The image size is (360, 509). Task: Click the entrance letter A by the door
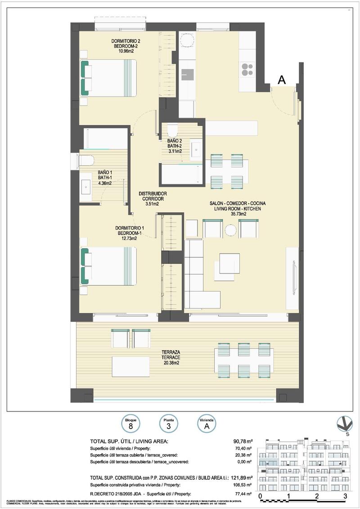click(x=282, y=80)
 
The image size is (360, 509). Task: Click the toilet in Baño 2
click(x=172, y=131)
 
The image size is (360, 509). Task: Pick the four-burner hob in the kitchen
click(x=247, y=68)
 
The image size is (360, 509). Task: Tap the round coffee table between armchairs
click(x=231, y=230)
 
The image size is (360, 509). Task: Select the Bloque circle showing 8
click(x=130, y=423)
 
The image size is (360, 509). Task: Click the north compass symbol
click(x=345, y=424)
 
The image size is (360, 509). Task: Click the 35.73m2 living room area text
click(x=238, y=214)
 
